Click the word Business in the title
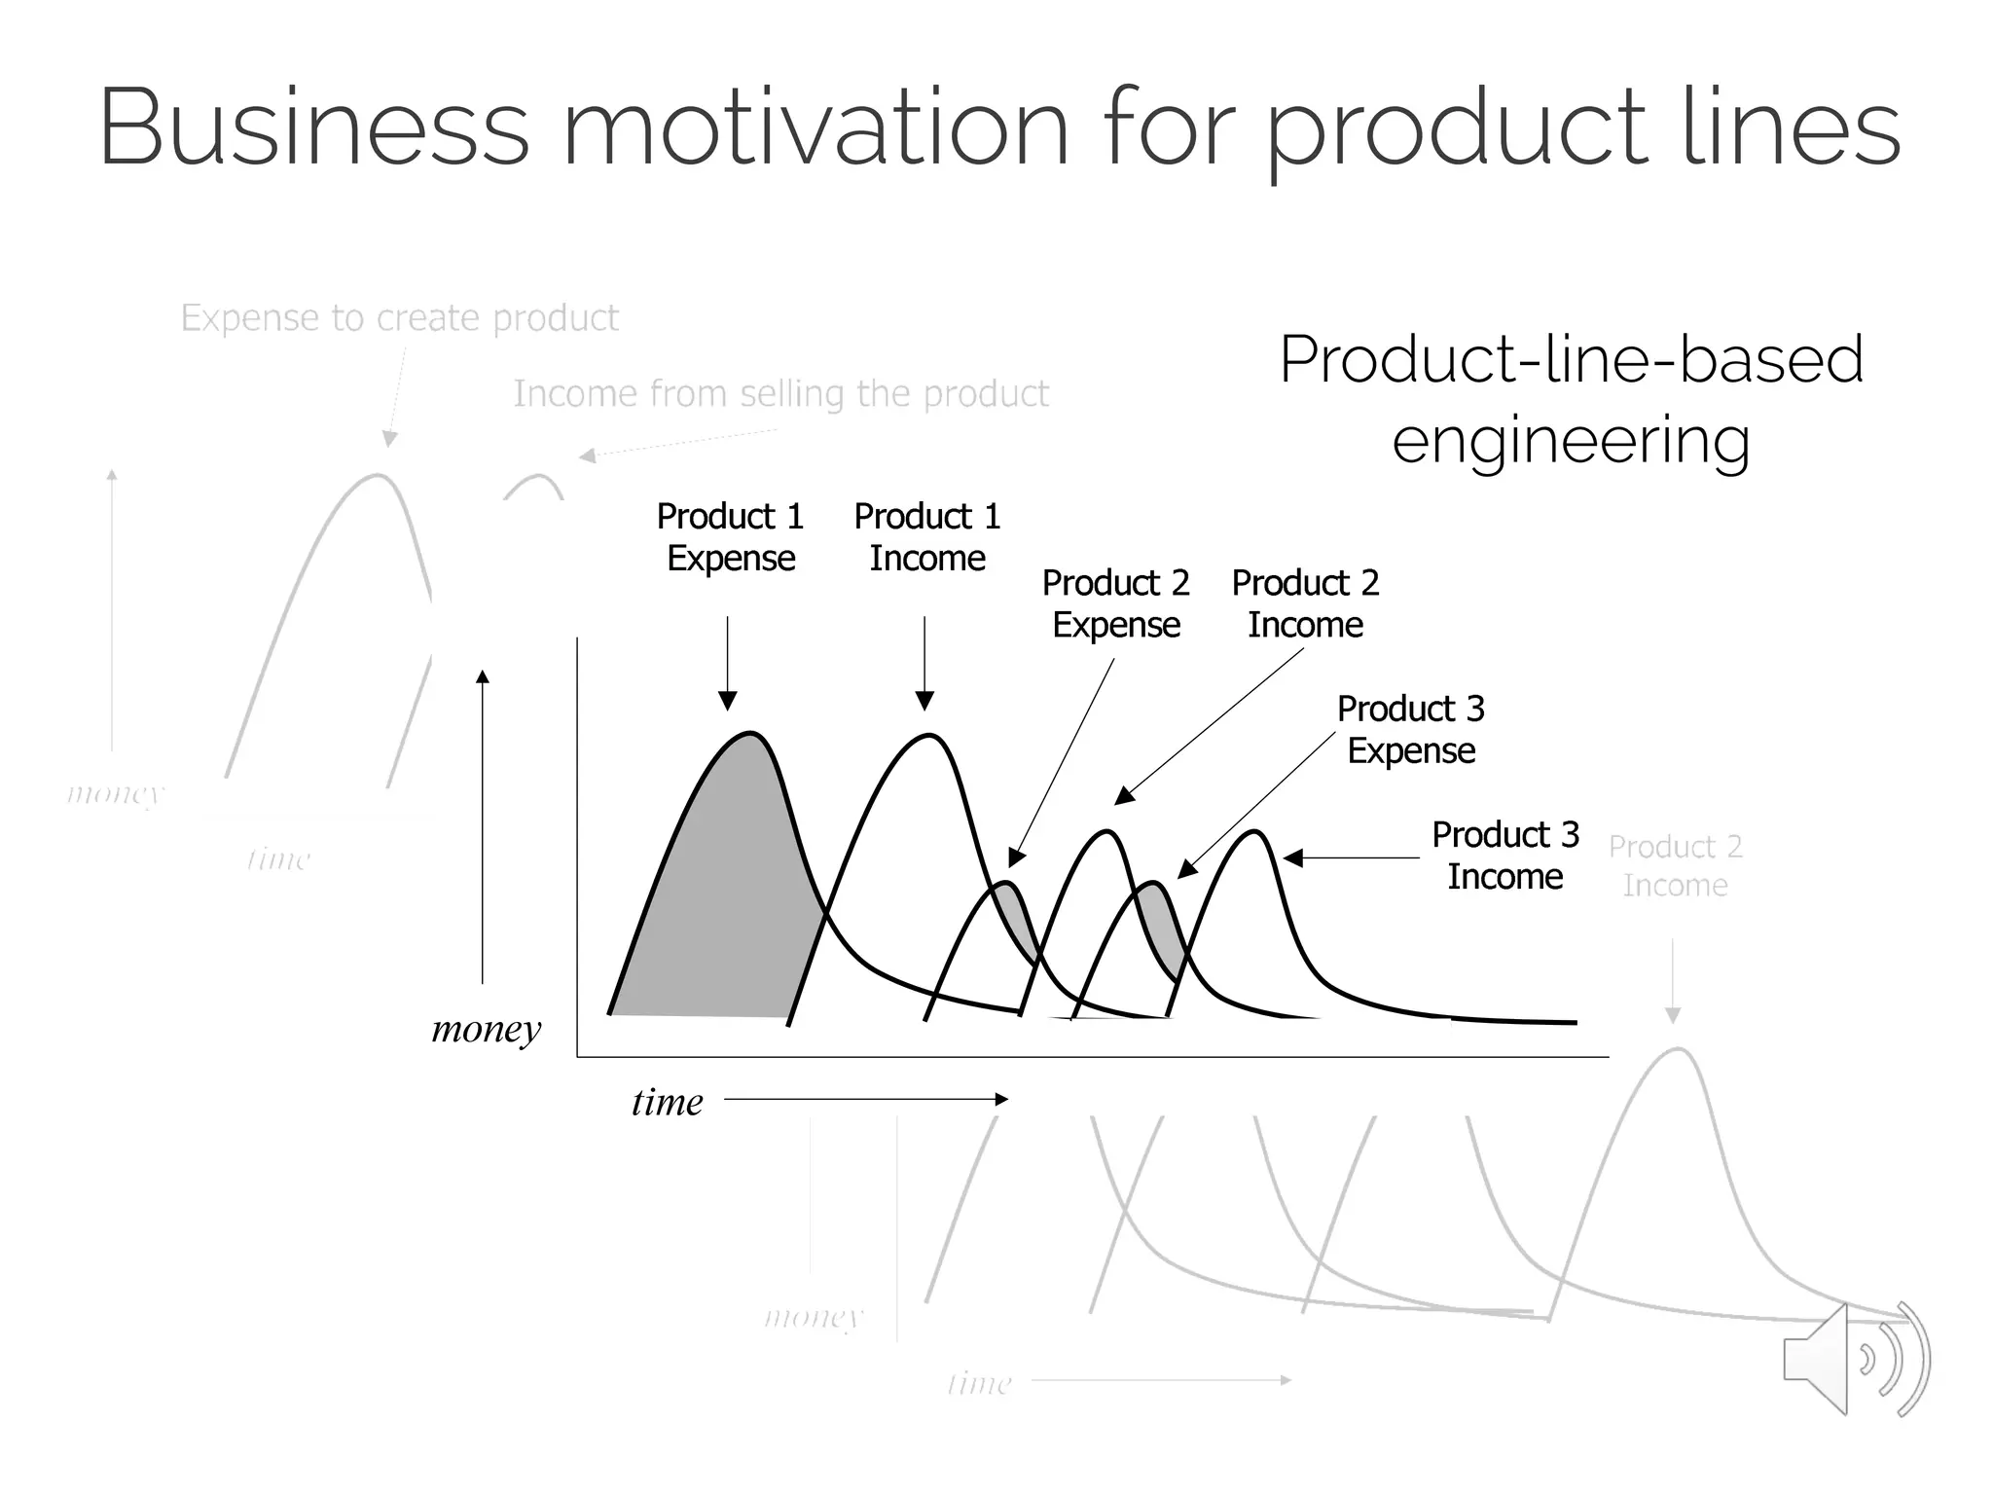(x=313, y=128)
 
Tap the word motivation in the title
(x=815, y=128)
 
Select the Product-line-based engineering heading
(x=1571, y=399)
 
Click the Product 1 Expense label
(x=730, y=537)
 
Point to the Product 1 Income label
(x=926, y=537)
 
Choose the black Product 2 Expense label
(x=1115, y=603)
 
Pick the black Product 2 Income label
(x=1305, y=603)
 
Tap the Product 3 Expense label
(x=1410, y=729)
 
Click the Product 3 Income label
(x=1504, y=856)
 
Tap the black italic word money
(x=486, y=1028)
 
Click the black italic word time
(x=667, y=1102)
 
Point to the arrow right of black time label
(x=866, y=1099)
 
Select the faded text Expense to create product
(x=399, y=318)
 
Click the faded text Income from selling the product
(x=780, y=394)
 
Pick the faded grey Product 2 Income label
(x=1675, y=866)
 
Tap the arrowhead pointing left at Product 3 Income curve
(x=1293, y=857)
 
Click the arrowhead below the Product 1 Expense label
(x=727, y=701)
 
